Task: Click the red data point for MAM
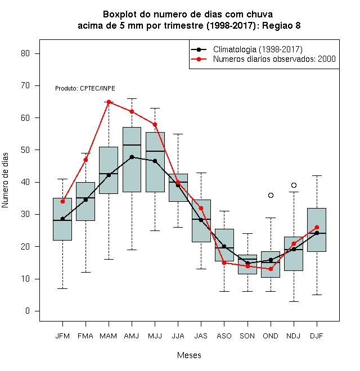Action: [x=109, y=102]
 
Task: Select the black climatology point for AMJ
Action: [x=132, y=157]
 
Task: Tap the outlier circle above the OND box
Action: [x=271, y=195]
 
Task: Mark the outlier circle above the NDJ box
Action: [x=294, y=185]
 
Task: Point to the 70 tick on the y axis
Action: [x=37, y=85]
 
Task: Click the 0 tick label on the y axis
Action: [x=28, y=311]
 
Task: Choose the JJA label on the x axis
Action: [x=178, y=336]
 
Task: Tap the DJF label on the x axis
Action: [x=317, y=336]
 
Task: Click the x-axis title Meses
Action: [x=189, y=355]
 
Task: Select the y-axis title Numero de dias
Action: [x=5, y=180]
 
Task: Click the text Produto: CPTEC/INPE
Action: [x=85, y=88]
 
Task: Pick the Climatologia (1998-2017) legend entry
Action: [x=246, y=49]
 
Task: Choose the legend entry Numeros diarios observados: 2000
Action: [x=263, y=59]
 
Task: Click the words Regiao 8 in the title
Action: [x=281, y=25]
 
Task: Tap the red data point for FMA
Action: [x=85, y=160]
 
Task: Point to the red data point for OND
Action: [x=271, y=269]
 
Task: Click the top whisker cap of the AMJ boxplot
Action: [x=132, y=98]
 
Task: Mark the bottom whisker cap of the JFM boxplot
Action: [x=62, y=289]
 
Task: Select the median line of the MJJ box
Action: [x=155, y=151]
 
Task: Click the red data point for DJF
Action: [x=317, y=228]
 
